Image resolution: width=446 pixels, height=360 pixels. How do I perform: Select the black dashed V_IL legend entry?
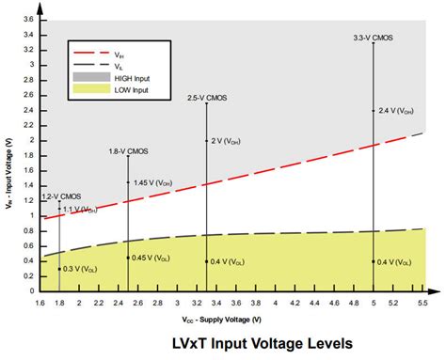click(x=93, y=68)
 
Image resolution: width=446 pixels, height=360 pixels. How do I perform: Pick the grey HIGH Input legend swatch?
click(x=93, y=80)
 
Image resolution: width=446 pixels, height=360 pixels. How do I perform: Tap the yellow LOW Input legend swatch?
click(x=93, y=92)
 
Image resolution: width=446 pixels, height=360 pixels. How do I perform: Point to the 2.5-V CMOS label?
click(x=206, y=97)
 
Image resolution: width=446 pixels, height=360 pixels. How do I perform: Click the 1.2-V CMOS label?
click(x=61, y=196)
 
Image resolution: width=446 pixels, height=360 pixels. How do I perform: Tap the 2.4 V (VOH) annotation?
click(x=394, y=110)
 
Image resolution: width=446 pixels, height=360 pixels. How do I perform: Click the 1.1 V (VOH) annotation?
click(x=79, y=209)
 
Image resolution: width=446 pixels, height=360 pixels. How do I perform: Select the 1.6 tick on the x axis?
click(x=40, y=303)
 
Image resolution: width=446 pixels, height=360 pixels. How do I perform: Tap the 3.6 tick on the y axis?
click(x=27, y=20)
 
